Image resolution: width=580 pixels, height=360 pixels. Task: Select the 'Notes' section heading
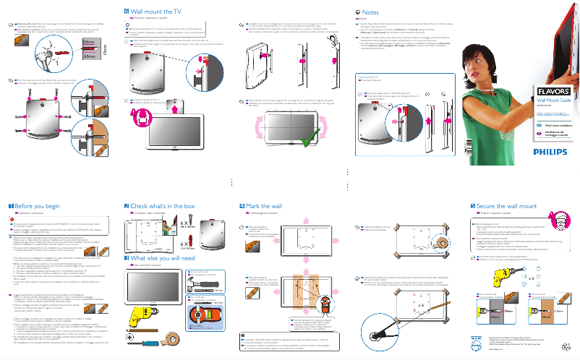[x=370, y=12]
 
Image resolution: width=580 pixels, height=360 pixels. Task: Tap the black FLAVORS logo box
[x=553, y=90]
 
